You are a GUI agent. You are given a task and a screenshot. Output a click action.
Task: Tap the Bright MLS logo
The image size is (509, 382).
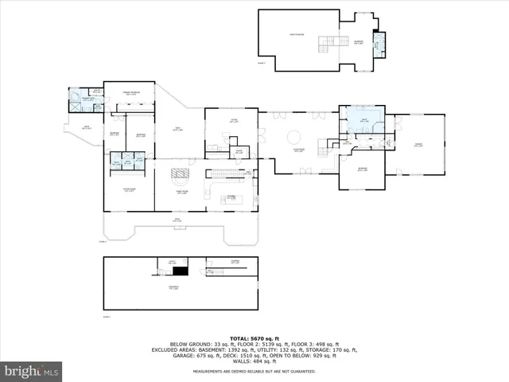pos(31,372)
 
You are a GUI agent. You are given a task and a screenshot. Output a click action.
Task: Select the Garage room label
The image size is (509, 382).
pos(418,145)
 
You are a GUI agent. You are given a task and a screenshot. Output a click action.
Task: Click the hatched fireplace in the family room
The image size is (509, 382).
pos(182,174)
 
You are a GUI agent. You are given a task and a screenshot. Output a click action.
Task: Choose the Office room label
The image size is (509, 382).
pos(234,122)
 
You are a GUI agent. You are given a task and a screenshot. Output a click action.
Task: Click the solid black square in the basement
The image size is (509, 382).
pos(180,271)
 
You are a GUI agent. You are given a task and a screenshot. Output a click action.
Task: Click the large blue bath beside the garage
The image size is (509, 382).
pos(365,122)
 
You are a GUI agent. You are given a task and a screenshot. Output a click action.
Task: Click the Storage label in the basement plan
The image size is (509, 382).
pos(235,262)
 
